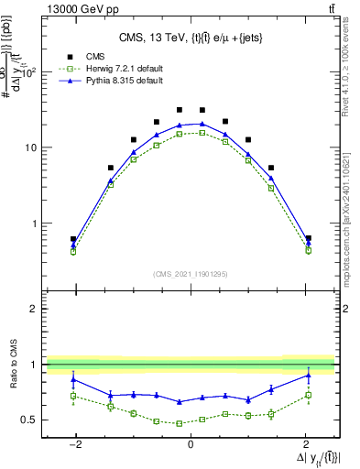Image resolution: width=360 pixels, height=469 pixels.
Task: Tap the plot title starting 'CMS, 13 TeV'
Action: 190,38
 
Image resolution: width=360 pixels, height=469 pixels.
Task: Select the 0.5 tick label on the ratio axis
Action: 30,420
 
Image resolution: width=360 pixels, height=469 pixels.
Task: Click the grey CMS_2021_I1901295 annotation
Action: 190,274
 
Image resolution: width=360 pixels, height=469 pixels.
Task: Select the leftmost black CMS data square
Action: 73,239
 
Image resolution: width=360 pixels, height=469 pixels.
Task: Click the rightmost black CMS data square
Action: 308,239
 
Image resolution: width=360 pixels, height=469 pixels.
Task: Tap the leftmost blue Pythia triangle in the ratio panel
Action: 73,379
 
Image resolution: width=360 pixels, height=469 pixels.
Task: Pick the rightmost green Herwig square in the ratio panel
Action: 308,395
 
